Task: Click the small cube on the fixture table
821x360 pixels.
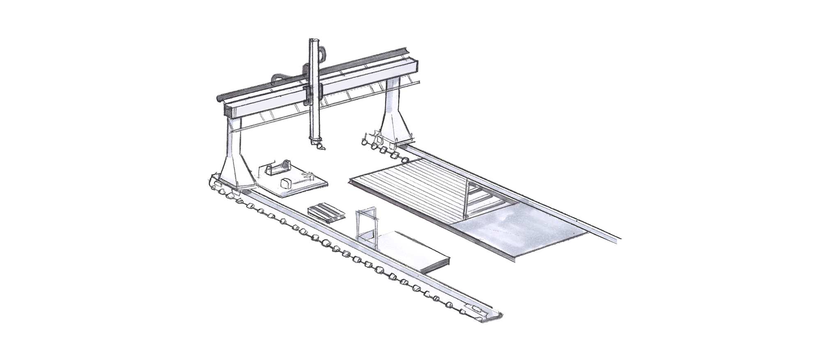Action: (x=285, y=183)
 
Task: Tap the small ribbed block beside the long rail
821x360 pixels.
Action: (x=327, y=213)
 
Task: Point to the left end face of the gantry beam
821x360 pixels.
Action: (x=227, y=110)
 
